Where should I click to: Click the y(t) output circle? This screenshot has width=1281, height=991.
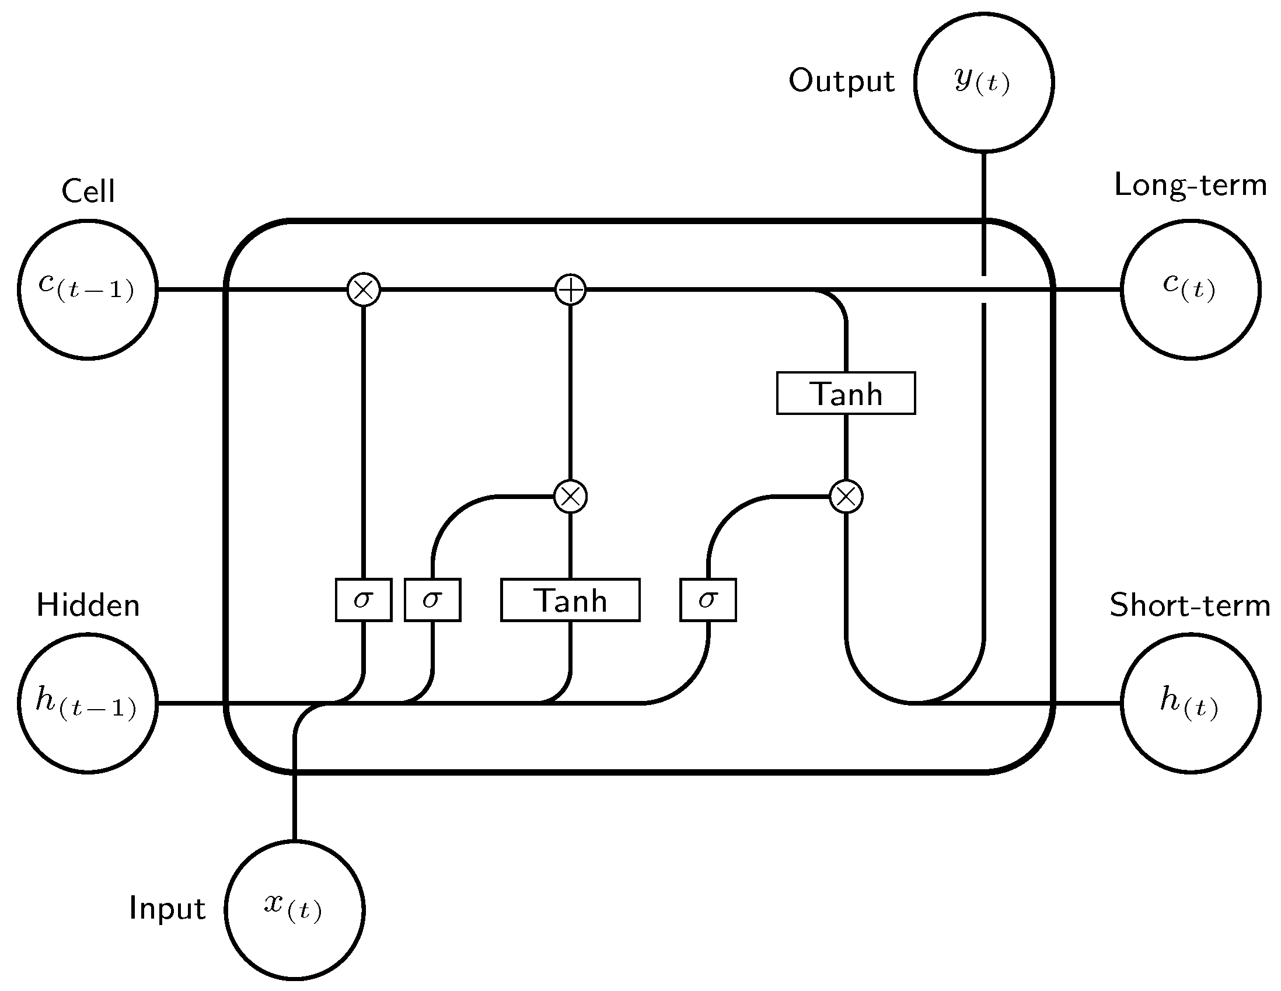point(983,82)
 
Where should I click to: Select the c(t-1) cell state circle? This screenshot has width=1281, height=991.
point(88,289)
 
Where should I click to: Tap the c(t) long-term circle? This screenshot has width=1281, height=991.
point(1190,289)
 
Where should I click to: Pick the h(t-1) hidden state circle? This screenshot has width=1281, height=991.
point(88,703)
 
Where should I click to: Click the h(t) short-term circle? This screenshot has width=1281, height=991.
point(1190,703)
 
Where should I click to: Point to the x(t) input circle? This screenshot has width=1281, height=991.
point(295,910)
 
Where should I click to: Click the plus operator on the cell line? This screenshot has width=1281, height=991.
point(570,289)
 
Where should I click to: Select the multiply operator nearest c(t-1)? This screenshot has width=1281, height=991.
point(364,289)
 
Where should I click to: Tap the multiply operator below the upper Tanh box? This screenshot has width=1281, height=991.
point(846,497)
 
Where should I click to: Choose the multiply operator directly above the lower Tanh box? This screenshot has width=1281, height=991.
point(570,497)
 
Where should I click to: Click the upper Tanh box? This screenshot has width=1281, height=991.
point(846,393)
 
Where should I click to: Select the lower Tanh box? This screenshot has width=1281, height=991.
point(570,599)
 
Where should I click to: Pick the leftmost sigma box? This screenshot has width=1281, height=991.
point(364,599)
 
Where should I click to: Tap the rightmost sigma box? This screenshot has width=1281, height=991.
point(708,599)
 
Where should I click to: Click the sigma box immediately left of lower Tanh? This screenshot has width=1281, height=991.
point(432,599)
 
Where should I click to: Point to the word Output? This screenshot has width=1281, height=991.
point(841,81)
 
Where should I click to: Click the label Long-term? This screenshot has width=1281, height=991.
point(1190,186)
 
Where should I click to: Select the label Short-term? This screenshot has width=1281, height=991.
point(1190,605)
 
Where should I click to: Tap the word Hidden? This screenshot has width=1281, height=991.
point(88,605)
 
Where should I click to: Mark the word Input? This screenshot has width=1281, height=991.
point(167,909)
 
